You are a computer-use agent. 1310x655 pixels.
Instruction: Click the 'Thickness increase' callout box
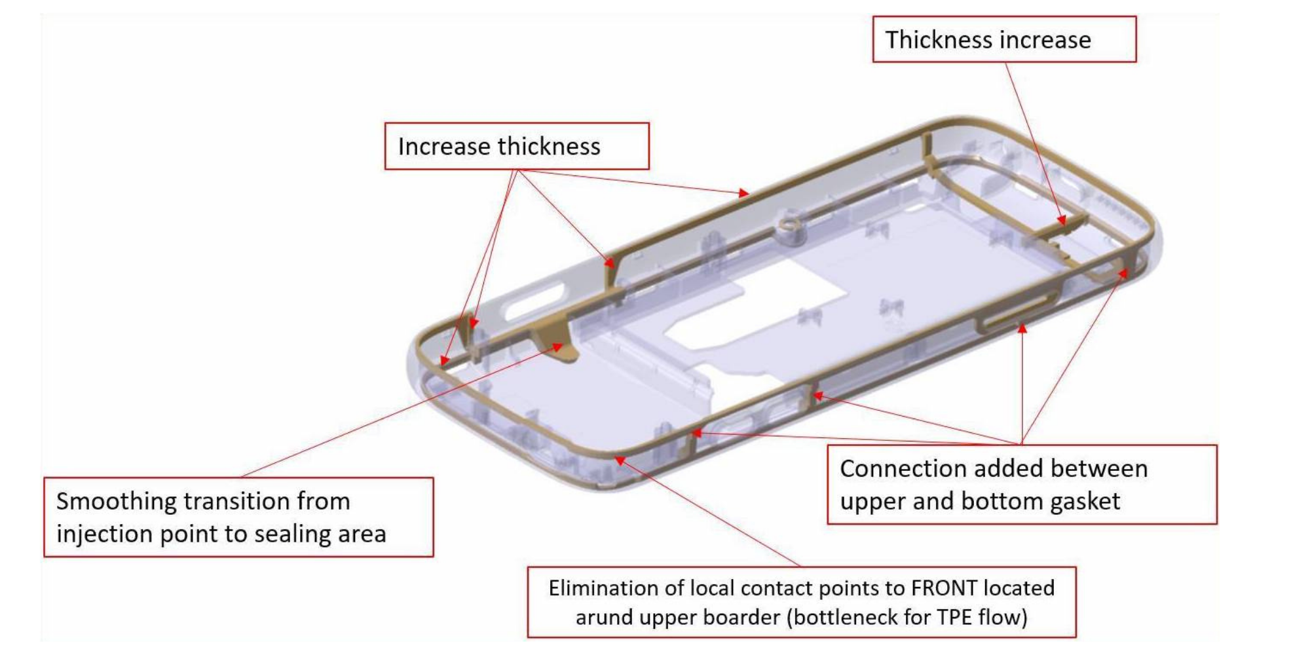[1004, 40]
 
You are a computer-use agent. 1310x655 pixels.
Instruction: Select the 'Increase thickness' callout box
[517, 146]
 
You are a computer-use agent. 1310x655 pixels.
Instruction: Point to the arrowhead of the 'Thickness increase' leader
[1062, 220]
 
